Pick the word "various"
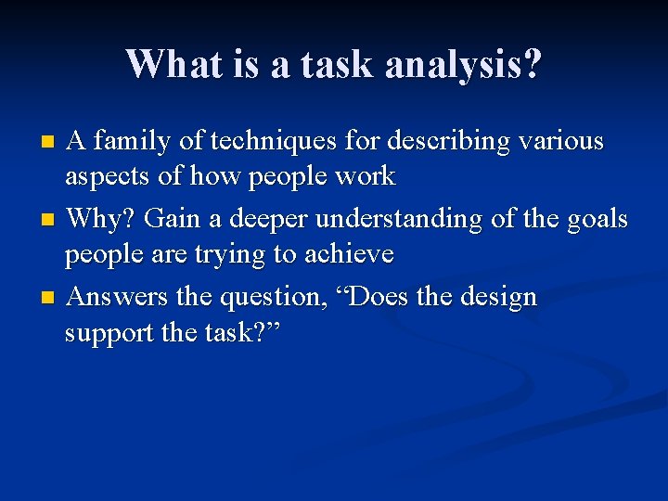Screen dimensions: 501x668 pyautogui.click(x=562, y=142)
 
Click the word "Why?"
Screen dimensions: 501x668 pyautogui.click(x=103, y=219)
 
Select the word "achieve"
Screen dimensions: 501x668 pyautogui.click(x=348, y=253)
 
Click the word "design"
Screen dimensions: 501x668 pyautogui.click(x=498, y=299)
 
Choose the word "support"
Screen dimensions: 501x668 pyautogui.click(x=109, y=332)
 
